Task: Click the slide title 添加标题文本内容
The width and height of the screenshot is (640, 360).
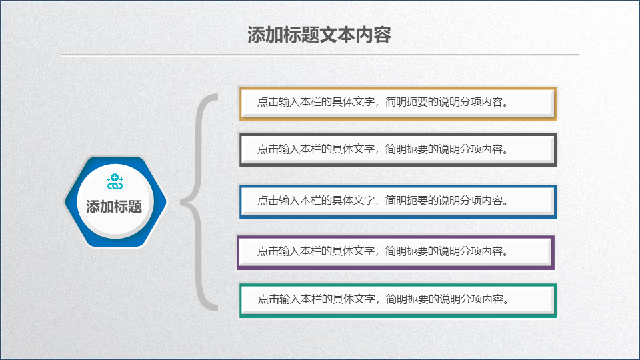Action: coord(319,35)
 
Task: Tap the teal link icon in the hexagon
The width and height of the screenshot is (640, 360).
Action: coord(115,182)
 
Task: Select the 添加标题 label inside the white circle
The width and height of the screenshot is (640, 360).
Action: coord(114,207)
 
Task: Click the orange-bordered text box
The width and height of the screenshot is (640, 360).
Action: coord(398,104)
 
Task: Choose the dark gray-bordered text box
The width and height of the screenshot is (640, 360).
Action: coord(398,150)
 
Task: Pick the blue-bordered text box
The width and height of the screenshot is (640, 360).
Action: coord(398,202)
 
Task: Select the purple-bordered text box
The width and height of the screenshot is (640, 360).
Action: coord(395,253)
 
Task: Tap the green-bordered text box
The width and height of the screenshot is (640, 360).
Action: coord(398,301)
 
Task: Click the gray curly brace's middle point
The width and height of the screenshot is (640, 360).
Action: coord(182,201)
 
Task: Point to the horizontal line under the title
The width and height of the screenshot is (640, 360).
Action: coord(320,54)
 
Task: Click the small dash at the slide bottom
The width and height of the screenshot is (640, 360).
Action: coord(320,339)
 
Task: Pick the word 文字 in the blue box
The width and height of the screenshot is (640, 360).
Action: coord(364,201)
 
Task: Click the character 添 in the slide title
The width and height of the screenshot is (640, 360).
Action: coord(256,35)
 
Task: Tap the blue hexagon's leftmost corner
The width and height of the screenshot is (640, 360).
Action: coord(65,201)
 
